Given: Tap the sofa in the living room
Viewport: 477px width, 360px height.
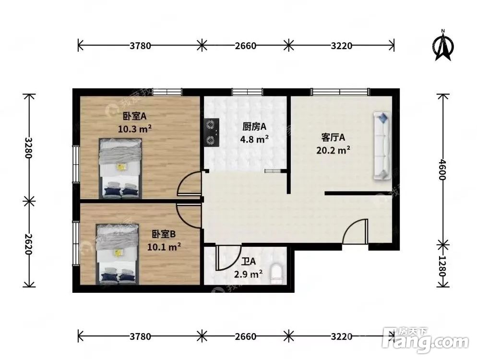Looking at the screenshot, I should [382, 146].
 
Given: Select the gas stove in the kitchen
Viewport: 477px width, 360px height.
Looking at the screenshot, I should [211, 132].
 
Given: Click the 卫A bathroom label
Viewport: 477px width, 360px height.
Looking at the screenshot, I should [248, 262].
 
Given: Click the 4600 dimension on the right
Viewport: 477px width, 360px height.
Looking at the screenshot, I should [442, 169].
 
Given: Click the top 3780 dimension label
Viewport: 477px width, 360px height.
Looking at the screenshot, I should [140, 46].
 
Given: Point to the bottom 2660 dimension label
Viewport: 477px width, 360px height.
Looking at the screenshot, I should [245, 336].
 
